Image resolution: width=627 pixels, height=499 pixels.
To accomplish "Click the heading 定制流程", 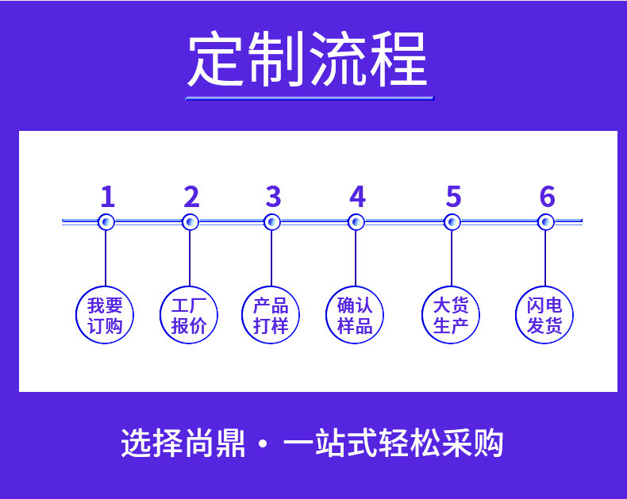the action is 307,59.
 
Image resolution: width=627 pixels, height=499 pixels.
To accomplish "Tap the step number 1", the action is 108,196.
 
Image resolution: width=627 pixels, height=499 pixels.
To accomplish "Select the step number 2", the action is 190,196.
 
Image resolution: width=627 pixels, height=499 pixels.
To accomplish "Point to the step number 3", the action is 273,196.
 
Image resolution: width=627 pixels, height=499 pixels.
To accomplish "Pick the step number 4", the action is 357,196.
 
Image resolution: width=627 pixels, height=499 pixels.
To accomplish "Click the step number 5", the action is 453,196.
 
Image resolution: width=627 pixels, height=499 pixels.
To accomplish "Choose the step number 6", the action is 546,196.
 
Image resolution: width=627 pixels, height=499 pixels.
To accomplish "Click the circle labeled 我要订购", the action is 106,316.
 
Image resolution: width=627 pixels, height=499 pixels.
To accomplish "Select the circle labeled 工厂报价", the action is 189,316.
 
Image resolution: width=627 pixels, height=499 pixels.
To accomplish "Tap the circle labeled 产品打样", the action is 271,316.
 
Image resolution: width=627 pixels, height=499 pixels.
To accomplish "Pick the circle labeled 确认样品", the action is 355,316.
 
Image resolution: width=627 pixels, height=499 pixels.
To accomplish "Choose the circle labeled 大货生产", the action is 451,316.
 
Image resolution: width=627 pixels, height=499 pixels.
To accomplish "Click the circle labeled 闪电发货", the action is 544,316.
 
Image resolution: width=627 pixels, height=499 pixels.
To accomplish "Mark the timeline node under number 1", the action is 106,222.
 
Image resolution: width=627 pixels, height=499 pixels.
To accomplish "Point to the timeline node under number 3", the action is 272,222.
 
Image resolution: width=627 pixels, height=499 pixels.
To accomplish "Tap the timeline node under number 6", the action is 545,222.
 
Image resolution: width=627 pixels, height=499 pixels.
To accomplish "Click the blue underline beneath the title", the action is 310,98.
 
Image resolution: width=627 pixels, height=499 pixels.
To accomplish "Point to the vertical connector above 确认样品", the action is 356,258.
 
